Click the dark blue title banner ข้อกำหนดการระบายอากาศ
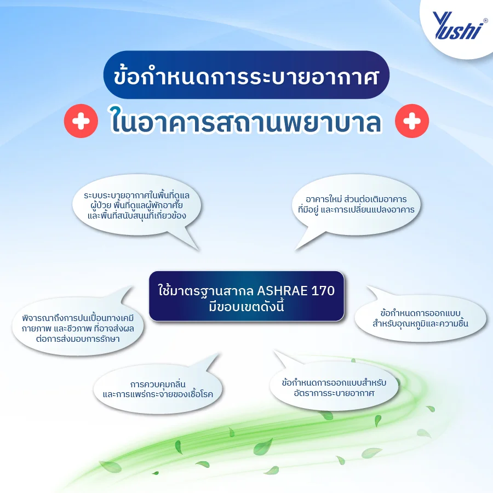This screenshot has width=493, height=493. click(246, 75)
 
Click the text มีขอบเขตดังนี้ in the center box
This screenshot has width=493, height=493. click(246, 306)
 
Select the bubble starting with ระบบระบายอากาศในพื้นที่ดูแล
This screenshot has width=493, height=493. click(137, 205)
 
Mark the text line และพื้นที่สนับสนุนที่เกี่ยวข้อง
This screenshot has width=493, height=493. click(137, 216)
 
